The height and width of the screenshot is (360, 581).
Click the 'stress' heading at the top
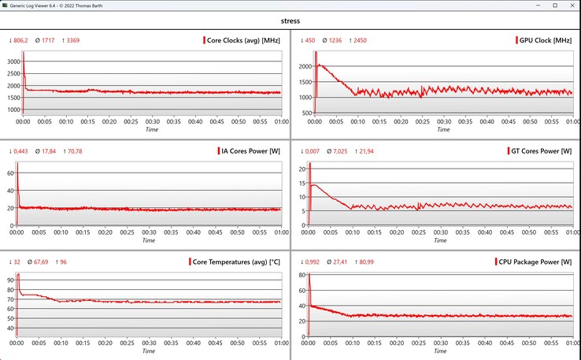290,22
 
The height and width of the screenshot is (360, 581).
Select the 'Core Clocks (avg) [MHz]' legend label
243,40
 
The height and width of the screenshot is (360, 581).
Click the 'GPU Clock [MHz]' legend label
545,40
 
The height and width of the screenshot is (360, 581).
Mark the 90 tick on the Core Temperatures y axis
13,280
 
